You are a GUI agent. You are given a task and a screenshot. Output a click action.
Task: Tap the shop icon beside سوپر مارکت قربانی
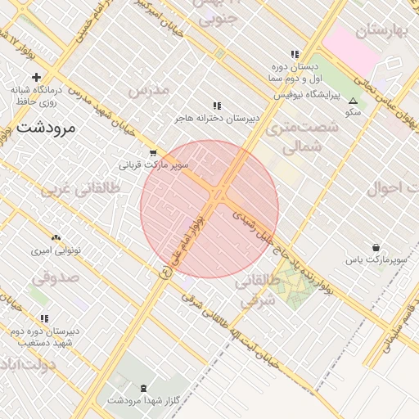click(x=153, y=153)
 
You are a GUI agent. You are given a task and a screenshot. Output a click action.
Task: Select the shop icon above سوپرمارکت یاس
click(x=376, y=247)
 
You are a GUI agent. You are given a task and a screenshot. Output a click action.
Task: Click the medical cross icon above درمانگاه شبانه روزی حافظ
click(x=37, y=77)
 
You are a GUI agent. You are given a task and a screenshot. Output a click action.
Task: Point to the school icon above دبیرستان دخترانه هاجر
click(x=217, y=106)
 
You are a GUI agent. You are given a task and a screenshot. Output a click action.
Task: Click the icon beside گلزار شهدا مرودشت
click(x=145, y=387)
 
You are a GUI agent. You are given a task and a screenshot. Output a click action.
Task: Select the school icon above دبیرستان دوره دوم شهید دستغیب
click(x=44, y=318)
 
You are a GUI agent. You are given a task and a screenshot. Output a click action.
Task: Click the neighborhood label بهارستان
click(x=382, y=31)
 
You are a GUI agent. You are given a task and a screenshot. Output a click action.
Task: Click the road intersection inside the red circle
click(x=219, y=194)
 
